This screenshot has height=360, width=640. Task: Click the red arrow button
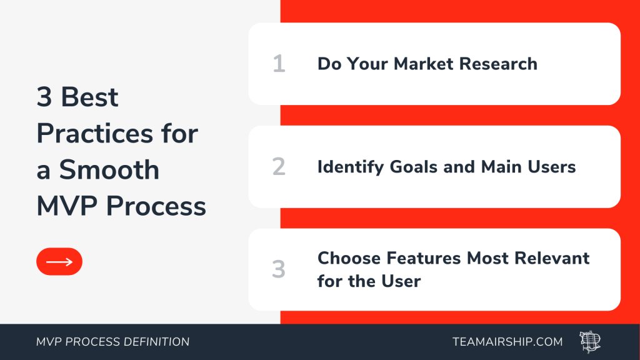(x=59, y=262)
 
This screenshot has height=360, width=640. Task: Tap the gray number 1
(x=279, y=64)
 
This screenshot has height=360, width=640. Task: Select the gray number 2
(x=279, y=166)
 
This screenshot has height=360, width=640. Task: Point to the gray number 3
(x=279, y=269)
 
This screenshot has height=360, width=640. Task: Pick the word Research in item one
(x=498, y=64)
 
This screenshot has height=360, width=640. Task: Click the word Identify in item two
(x=351, y=167)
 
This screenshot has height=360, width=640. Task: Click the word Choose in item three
(x=349, y=258)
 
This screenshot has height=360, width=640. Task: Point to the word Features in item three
(x=424, y=258)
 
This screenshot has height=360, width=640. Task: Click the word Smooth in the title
(x=109, y=170)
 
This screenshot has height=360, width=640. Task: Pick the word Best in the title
(x=90, y=97)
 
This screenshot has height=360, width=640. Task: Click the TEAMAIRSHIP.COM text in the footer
(x=507, y=342)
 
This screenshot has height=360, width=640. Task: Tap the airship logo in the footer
(x=590, y=342)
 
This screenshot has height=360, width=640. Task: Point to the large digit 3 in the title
(x=44, y=97)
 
